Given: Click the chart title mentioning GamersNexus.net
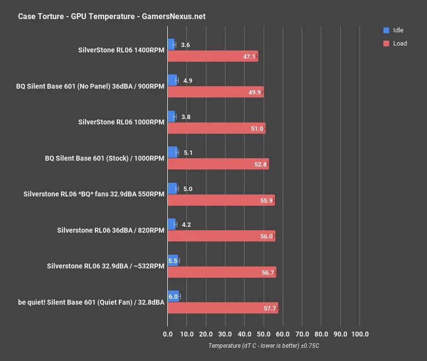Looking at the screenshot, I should click(112, 16).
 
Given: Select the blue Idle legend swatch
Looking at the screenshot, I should click(386, 30).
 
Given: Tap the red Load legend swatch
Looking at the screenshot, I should click(386, 43).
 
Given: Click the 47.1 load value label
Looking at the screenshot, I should click(249, 56).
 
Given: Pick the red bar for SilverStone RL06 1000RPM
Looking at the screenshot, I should click(216, 128).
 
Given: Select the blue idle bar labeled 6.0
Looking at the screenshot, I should click(173, 296).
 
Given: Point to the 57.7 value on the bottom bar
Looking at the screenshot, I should click(270, 309).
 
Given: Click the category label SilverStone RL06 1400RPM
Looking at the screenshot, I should click(121, 50).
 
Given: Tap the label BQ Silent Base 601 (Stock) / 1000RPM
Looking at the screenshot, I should click(105, 158).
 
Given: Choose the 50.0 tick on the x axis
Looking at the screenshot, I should click(264, 334).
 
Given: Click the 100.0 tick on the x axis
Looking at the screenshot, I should click(360, 334).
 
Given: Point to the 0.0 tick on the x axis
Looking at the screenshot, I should click(168, 334).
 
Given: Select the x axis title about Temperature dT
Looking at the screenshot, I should click(264, 346).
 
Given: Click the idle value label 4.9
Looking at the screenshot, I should click(188, 80).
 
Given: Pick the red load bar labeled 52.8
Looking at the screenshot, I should click(218, 164).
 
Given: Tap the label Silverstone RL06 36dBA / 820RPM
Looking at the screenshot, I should click(111, 230).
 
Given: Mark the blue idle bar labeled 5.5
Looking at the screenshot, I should click(173, 261).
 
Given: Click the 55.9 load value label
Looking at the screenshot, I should click(267, 200).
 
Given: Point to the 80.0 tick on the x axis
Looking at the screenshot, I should click(321, 334).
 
